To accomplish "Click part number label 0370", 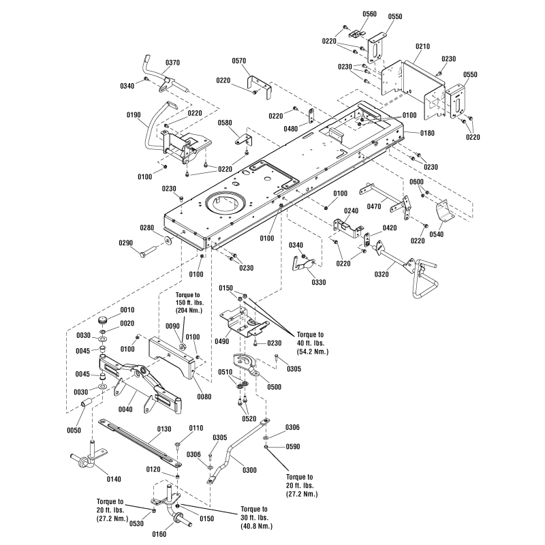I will click(x=173, y=63).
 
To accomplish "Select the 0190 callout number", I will click(x=133, y=116).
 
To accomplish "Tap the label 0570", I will click(x=258, y=61).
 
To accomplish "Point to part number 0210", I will click(x=423, y=46).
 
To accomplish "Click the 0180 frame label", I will click(x=426, y=133).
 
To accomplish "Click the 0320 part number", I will click(x=381, y=275).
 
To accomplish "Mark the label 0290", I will click(x=127, y=243).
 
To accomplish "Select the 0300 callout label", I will click(x=251, y=470).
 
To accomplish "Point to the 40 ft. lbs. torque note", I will click(x=312, y=343).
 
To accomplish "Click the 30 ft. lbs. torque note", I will click(x=255, y=517).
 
